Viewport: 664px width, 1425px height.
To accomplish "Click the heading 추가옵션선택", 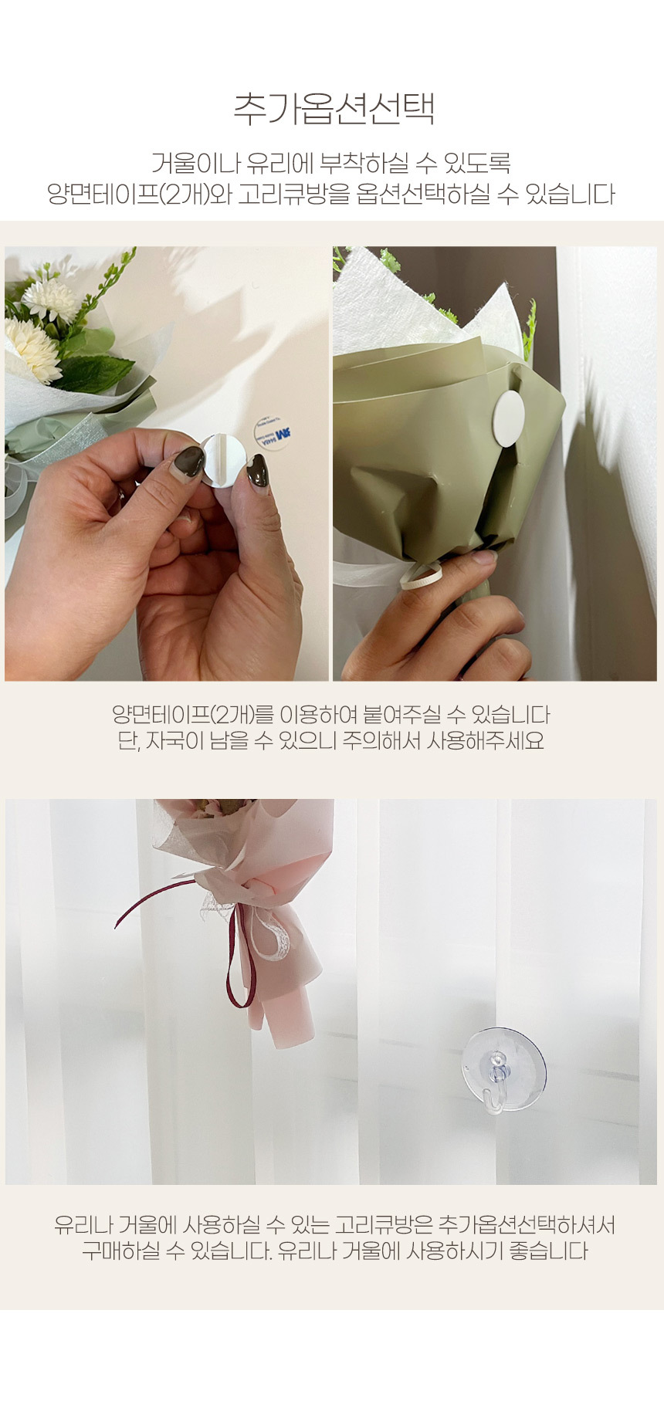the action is coord(334,109).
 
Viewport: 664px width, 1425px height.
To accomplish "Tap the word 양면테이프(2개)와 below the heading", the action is coord(140,194).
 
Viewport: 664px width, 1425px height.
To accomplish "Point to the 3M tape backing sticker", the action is coord(273,434).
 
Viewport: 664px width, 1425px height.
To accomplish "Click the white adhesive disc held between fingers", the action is coord(223,460).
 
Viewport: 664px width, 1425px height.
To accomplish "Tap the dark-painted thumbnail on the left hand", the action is coord(188,463).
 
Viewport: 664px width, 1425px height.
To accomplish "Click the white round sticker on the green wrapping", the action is coord(508,418).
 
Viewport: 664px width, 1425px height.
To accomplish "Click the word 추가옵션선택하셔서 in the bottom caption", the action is coord(527,1225).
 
